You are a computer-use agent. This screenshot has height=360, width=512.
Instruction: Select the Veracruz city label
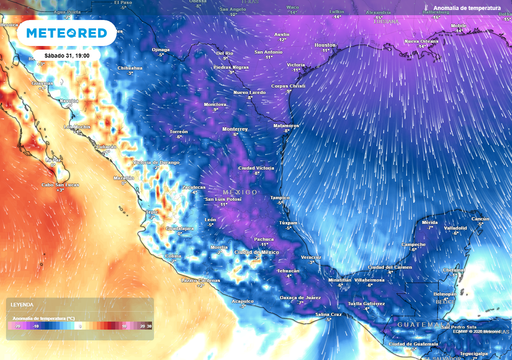[311, 257]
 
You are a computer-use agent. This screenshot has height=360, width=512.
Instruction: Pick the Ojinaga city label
[161, 47]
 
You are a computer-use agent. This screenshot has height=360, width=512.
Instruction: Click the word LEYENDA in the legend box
[21, 303]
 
